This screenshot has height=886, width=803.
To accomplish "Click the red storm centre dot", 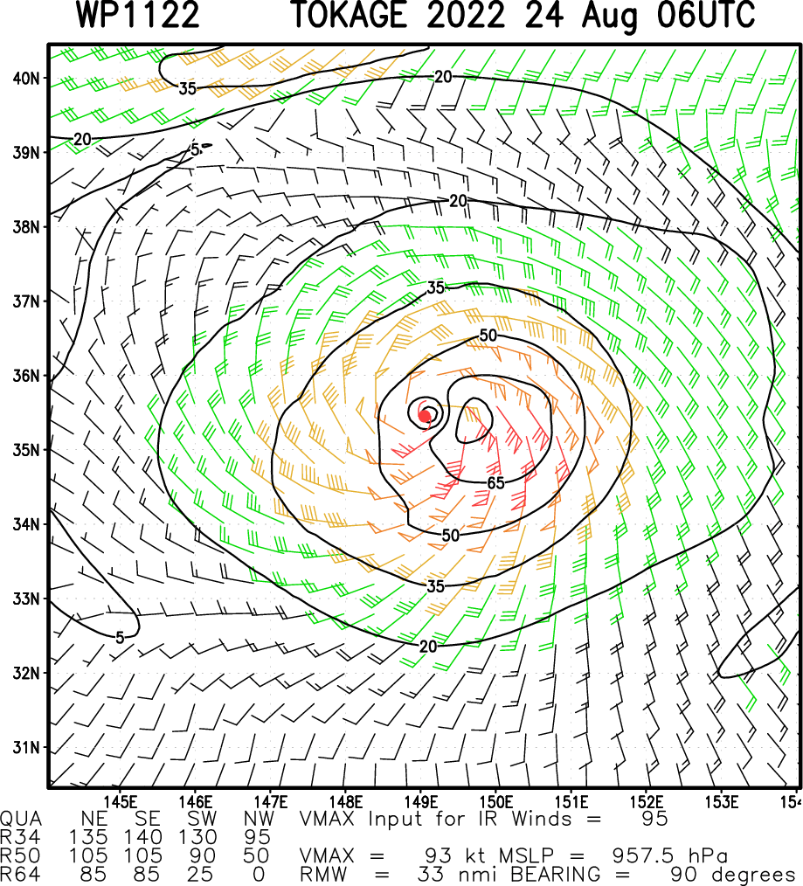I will coord(425,416).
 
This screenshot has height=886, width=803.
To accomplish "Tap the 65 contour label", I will coord(496,482).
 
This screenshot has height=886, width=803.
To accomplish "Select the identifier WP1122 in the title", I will coord(138,16).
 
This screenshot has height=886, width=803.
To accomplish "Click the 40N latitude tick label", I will coord(26,78).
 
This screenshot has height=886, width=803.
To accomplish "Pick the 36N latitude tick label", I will coord(26,376).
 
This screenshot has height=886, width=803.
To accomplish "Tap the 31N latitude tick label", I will coord(26,747).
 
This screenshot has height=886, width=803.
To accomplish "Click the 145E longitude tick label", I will coord(121,801).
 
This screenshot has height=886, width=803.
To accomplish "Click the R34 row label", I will coord(18,837).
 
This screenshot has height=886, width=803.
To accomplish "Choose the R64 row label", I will coord(18,874).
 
